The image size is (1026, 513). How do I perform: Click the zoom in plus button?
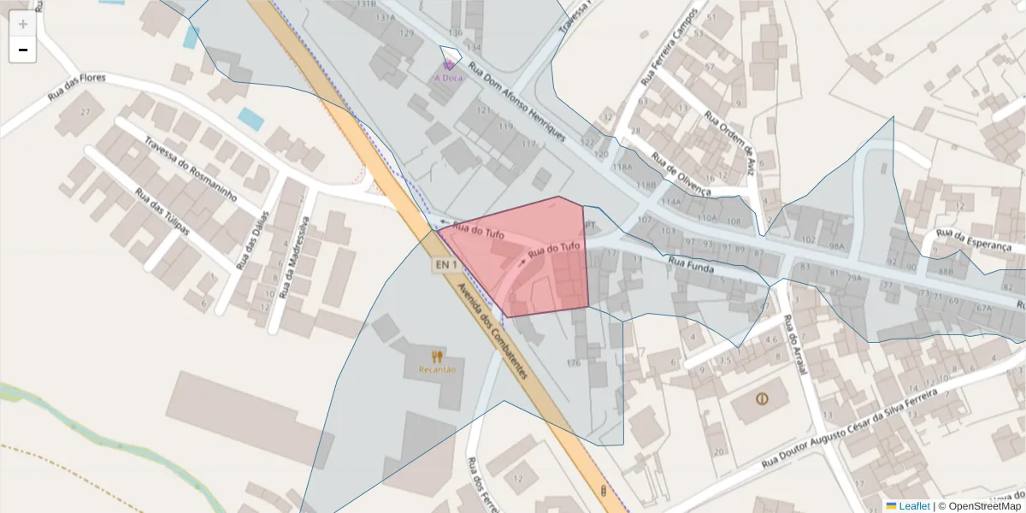[x=23, y=24]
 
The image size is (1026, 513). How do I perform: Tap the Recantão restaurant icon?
[x=437, y=357]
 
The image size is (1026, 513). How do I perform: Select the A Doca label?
[x=449, y=78]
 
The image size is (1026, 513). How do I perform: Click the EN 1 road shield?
[x=446, y=266]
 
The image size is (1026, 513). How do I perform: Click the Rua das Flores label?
[x=76, y=88]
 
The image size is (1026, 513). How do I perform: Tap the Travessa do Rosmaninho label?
[x=190, y=169]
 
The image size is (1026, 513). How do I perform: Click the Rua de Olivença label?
[x=681, y=174]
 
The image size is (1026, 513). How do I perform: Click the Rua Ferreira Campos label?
[x=669, y=48]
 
